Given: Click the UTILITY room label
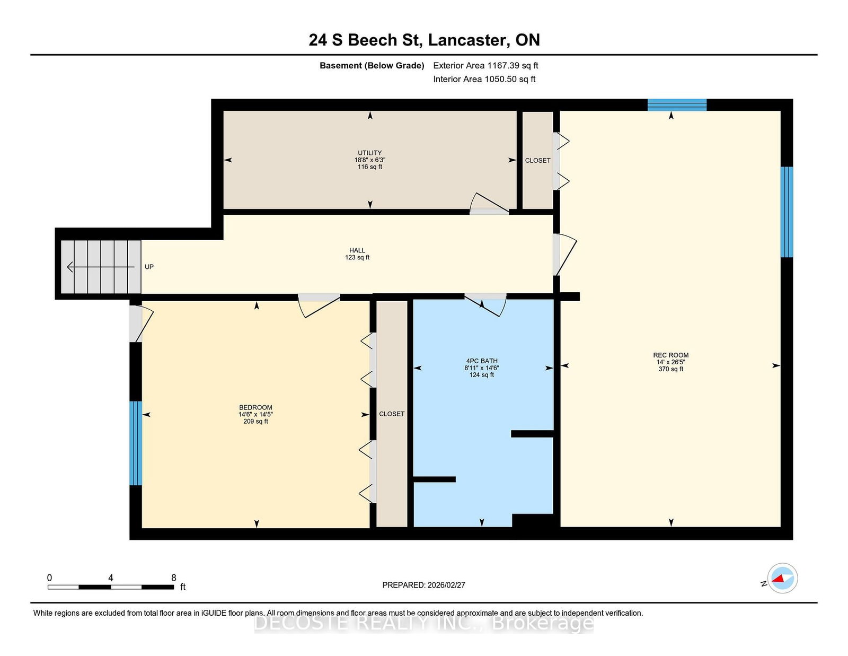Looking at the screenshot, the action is click(x=369, y=153).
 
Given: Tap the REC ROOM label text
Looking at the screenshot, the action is click(x=671, y=355).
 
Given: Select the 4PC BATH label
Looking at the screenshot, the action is click(x=482, y=361).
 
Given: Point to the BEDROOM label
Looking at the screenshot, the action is click(x=255, y=407).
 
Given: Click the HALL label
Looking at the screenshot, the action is click(x=357, y=250).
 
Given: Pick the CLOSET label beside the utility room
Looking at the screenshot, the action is click(x=537, y=161).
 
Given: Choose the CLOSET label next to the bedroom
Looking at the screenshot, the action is click(x=392, y=414).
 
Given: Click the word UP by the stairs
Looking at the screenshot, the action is click(x=149, y=267).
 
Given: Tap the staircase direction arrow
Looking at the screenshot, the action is click(x=101, y=267).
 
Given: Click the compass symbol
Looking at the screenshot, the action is click(x=782, y=578).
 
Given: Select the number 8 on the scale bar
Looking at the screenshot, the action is click(x=174, y=578).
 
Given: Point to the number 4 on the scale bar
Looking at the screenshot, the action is click(x=111, y=578).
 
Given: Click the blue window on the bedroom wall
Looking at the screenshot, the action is click(x=135, y=443).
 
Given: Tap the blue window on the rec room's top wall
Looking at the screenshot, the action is click(x=677, y=105).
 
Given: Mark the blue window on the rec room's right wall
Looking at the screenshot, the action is click(x=787, y=212).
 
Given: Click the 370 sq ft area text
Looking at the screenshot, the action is click(x=671, y=369).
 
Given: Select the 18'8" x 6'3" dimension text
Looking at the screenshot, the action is click(x=369, y=160).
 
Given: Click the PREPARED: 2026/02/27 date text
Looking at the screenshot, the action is click(x=424, y=585).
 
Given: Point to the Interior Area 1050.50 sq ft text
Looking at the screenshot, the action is click(x=484, y=79).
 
